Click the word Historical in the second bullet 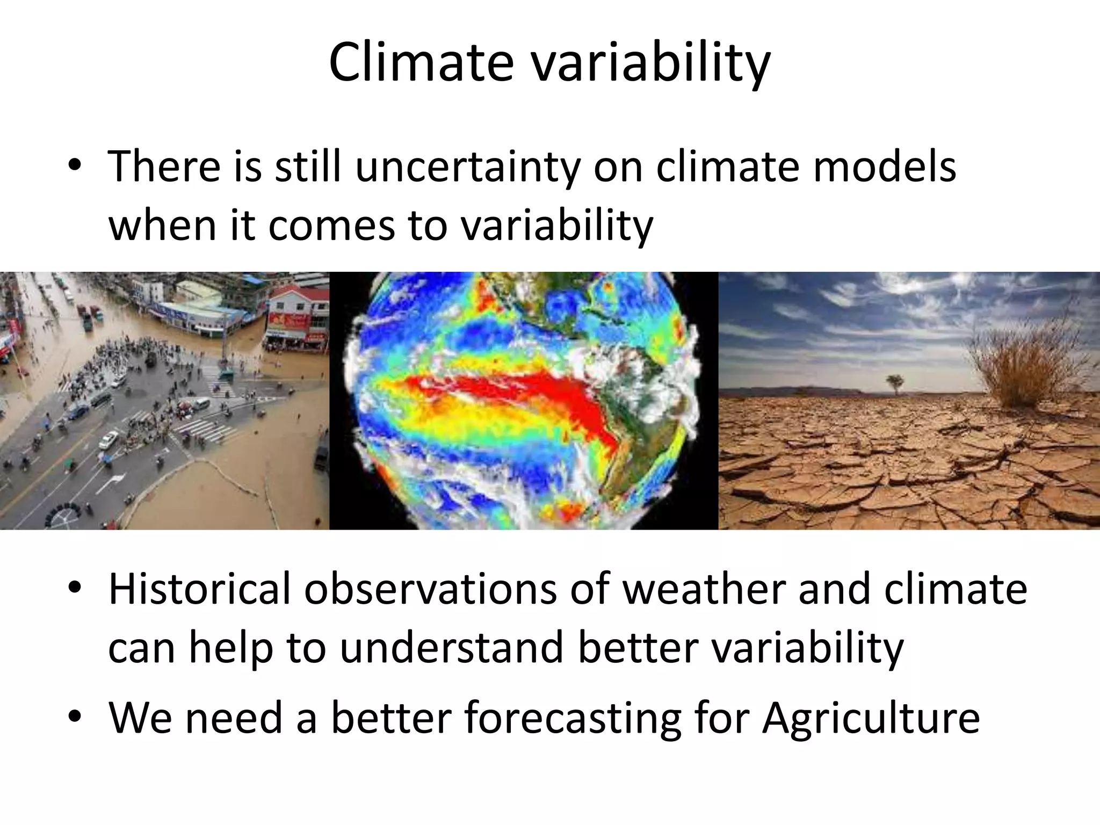point(199,589)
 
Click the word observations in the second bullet point(430,589)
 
